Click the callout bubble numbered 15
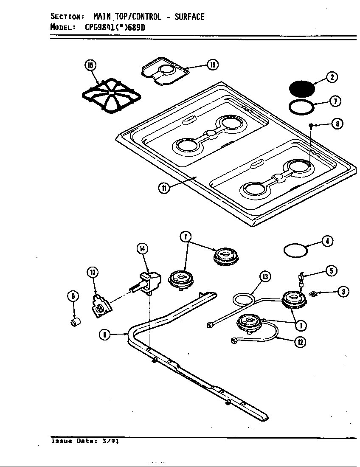(90, 65)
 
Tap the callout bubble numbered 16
(212, 65)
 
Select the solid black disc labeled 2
(302, 89)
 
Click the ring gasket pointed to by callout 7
(302, 107)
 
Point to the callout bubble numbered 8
(337, 124)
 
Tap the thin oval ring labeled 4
(295, 250)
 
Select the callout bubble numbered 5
(331, 270)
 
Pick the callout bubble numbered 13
(265, 277)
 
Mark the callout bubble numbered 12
(301, 342)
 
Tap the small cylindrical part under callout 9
(75, 324)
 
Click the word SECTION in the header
(67, 17)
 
